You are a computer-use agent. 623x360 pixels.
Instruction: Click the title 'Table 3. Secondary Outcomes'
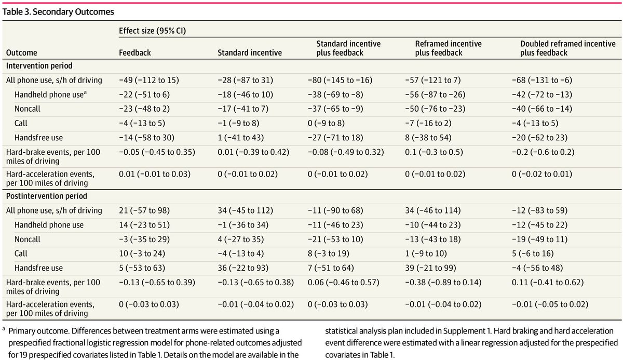tap(58, 11)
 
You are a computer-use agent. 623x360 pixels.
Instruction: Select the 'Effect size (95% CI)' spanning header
tap(153, 31)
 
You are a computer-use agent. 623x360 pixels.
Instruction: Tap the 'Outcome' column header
tap(21, 52)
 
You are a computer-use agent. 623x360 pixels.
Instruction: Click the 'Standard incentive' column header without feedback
tap(250, 52)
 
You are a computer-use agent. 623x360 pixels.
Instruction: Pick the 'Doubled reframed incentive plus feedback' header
tap(567, 48)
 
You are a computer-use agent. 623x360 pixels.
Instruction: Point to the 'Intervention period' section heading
tap(39, 65)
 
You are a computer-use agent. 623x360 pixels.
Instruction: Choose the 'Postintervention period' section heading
tap(46, 196)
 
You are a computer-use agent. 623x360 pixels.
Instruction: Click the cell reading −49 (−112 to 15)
tap(149, 80)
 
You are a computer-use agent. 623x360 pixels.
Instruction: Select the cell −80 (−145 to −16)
tap(340, 80)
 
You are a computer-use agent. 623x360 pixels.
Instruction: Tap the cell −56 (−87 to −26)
tap(435, 95)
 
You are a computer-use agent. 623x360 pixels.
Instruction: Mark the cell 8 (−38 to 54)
tap(428, 138)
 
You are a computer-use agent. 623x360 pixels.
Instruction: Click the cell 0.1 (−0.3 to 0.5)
tap(434, 152)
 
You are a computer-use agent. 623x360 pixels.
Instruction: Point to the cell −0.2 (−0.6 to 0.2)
tap(543, 152)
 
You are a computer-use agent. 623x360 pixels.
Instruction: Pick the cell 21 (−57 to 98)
tap(144, 210)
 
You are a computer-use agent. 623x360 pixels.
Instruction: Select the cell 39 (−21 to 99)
tap(430, 268)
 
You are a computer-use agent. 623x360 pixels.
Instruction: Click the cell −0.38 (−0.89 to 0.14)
tap(443, 283)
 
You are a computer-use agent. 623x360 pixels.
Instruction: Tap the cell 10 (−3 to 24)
tap(142, 254)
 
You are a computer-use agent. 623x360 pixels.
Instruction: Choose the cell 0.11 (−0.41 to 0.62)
tap(548, 283)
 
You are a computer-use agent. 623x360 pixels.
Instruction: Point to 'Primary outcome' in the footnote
tap(38, 331)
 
